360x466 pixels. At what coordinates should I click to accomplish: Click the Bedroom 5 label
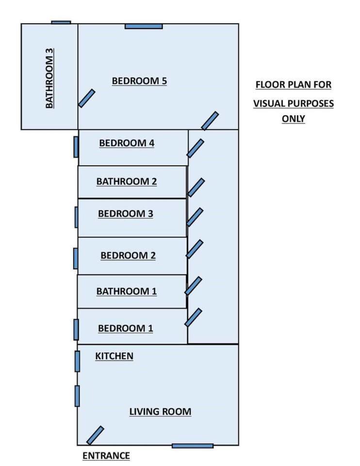[139, 81]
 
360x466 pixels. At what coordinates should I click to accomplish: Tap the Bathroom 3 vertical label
[49, 77]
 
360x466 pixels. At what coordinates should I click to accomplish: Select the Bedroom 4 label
[126, 143]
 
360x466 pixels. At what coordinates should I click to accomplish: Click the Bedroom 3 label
[126, 214]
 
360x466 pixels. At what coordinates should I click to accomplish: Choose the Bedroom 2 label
[128, 255]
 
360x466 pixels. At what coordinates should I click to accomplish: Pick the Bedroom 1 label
[126, 328]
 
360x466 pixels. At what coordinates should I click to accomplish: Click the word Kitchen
[114, 356]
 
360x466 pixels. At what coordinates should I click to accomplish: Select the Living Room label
[160, 412]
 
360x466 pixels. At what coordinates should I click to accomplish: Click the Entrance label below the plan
[106, 456]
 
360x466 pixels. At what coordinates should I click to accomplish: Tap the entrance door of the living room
[95, 435]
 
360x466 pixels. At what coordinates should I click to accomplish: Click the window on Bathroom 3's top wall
[61, 22]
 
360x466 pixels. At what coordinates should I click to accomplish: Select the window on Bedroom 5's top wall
[144, 26]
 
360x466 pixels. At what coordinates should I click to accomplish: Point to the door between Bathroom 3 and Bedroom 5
[87, 98]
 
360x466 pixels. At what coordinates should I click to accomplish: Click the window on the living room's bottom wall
[193, 446]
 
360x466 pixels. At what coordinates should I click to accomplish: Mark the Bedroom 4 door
[195, 148]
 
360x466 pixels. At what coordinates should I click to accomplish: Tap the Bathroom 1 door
[193, 285]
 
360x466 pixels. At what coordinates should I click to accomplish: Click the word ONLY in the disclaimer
[293, 118]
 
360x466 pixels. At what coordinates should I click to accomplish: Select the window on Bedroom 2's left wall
[75, 258]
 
